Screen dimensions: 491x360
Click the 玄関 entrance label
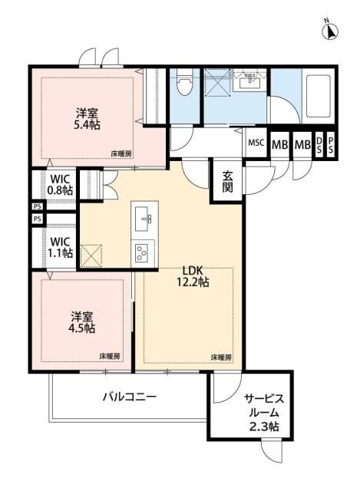[x=228, y=181]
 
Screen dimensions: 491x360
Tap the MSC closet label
[x=256, y=143]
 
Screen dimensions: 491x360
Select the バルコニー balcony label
[x=130, y=397]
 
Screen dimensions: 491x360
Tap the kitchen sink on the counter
[x=144, y=222]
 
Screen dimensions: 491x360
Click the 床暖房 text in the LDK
[x=221, y=358]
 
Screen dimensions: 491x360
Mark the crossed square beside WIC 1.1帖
[x=91, y=254]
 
